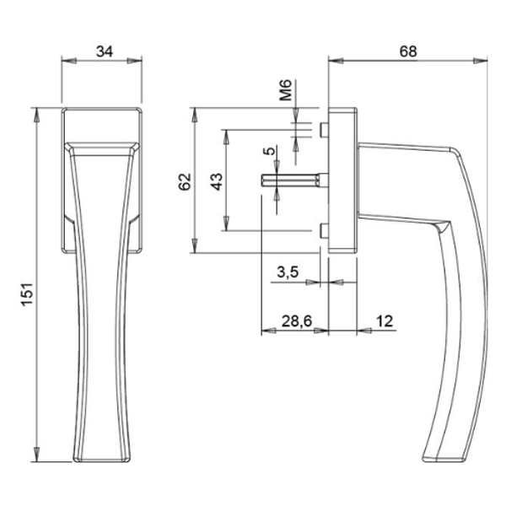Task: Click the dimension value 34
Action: [105, 51]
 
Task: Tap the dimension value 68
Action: [408, 51]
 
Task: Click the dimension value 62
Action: [186, 180]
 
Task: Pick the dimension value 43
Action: [216, 180]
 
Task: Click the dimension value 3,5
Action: [287, 272]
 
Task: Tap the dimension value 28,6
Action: [293, 321]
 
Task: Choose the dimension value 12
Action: [385, 321]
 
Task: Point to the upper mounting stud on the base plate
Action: [323, 128]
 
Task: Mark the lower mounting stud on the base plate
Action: [323, 230]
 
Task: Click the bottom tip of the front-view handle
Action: [103, 460]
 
